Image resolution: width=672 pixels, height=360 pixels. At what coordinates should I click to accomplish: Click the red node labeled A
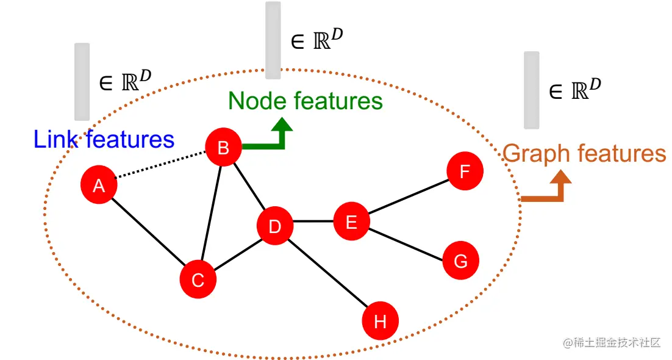pyautogui.click(x=99, y=184)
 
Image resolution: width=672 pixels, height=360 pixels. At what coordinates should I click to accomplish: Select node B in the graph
pyautogui.click(x=223, y=148)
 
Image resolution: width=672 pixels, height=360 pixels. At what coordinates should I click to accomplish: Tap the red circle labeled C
pyautogui.click(x=198, y=279)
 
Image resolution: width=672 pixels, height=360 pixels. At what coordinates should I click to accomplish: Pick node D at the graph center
pyautogui.click(x=275, y=226)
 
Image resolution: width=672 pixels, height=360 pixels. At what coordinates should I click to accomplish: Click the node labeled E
pyautogui.click(x=351, y=221)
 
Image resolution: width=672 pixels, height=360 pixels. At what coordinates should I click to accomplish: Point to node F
pyautogui.click(x=465, y=171)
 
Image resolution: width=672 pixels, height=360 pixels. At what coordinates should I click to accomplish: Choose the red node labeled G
pyautogui.click(x=460, y=261)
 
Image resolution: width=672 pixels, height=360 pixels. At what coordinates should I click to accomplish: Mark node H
pyautogui.click(x=380, y=321)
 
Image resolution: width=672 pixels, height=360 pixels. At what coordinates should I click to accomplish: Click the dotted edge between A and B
pyautogui.click(x=160, y=165)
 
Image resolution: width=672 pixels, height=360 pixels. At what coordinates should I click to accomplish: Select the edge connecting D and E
pyautogui.click(x=313, y=221)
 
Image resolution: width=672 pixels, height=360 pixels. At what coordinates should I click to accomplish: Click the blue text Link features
pyautogui.click(x=104, y=140)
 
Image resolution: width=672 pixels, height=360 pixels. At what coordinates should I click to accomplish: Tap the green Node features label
pyautogui.click(x=306, y=101)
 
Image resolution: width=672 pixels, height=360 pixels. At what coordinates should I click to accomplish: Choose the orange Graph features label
pyautogui.click(x=584, y=153)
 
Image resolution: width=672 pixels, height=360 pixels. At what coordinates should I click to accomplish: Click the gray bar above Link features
pyautogui.click(x=82, y=81)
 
